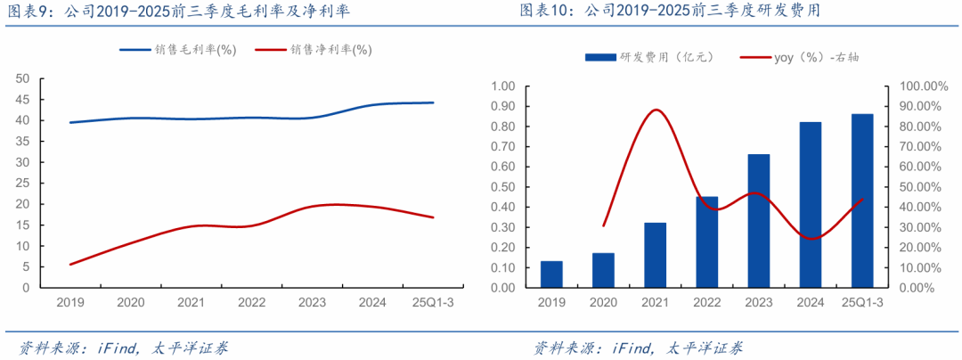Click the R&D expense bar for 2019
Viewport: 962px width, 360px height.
point(551,274)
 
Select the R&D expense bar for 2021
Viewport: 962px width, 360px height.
point(655,255)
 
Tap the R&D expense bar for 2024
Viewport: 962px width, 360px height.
point(810,205)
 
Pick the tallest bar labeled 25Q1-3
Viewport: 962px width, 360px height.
point(861,200)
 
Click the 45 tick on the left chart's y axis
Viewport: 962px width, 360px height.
point(22,99)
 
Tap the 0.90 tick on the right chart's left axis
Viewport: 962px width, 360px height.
point(504,106)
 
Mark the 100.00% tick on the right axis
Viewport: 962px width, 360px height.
point(917,86)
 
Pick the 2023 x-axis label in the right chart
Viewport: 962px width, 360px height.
point(758,303)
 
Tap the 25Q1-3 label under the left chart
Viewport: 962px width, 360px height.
point(433,303)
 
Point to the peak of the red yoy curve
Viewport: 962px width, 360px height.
point(656,110)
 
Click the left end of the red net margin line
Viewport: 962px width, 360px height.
point(70,264)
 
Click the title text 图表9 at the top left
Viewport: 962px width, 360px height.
point(27,12)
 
